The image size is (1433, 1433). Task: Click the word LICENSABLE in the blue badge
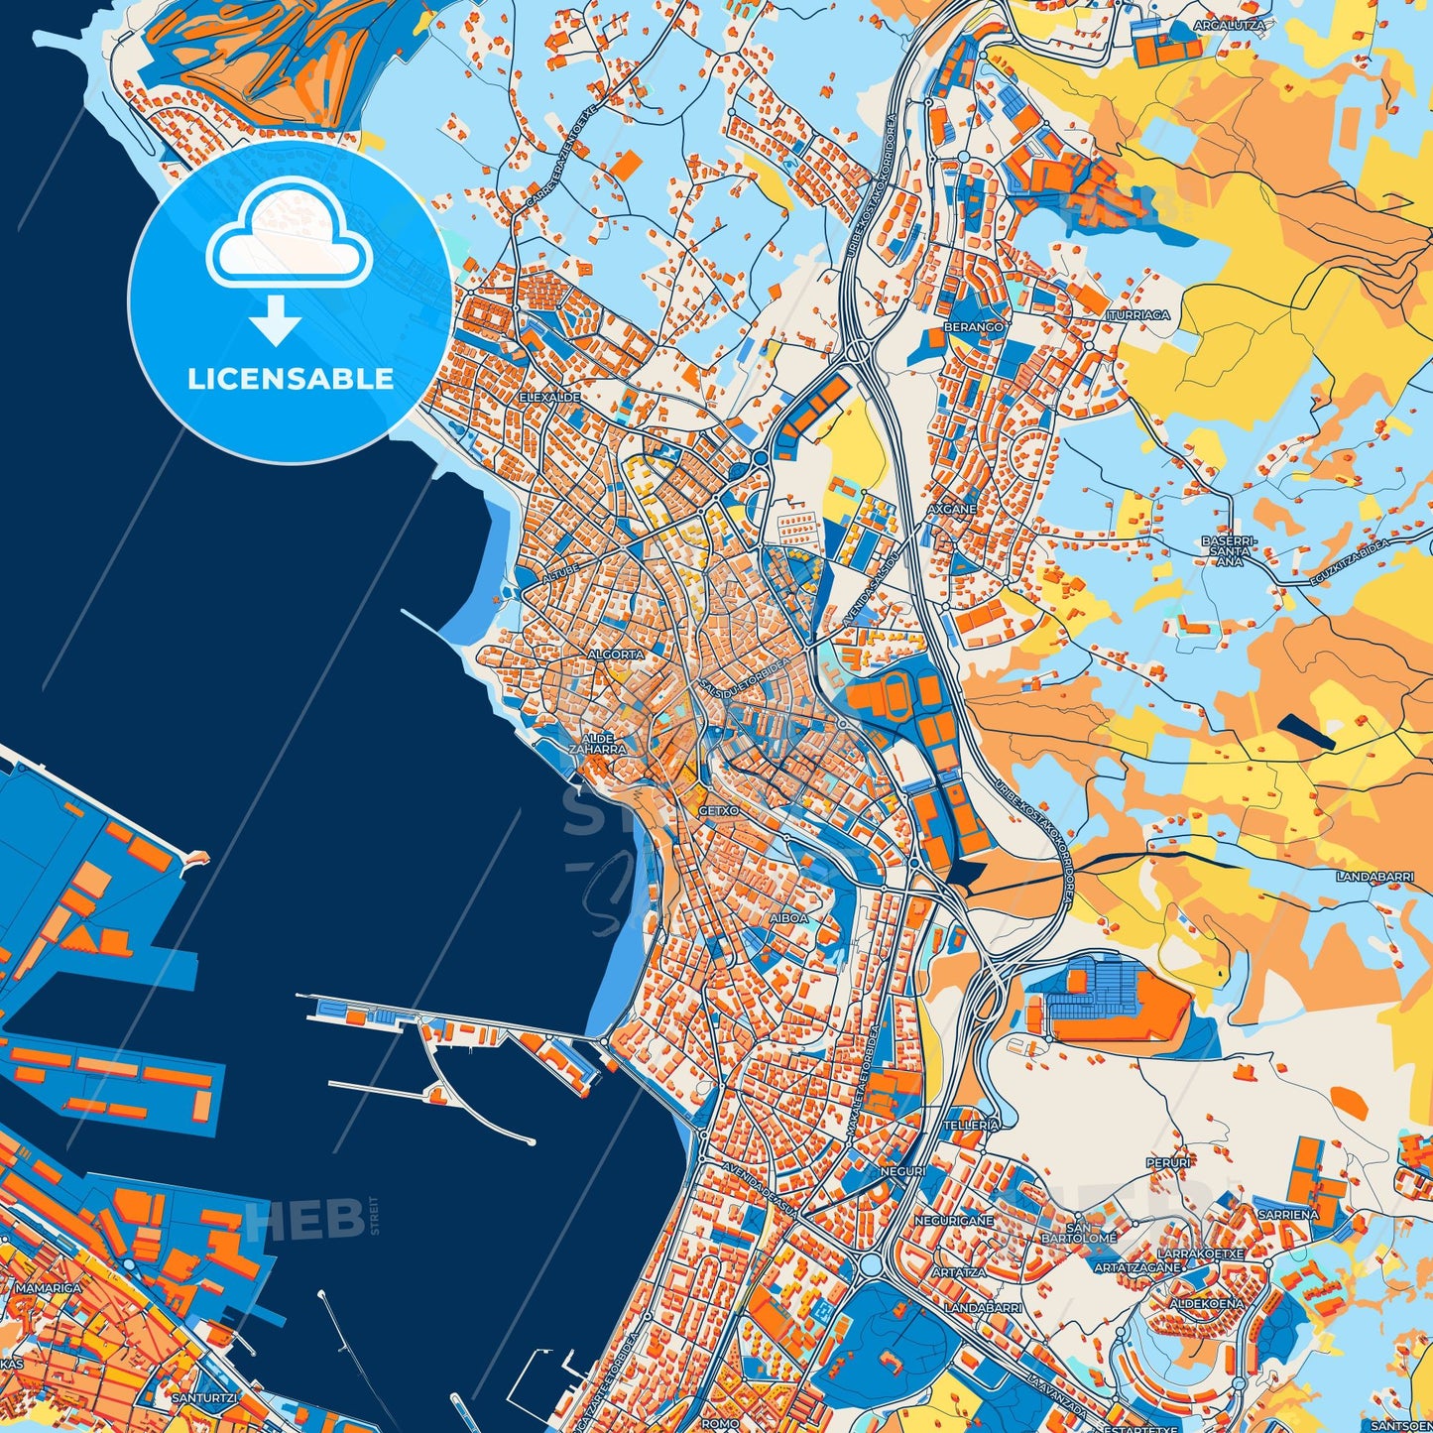coord(290,379)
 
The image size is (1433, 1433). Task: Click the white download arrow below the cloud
coord(276,319)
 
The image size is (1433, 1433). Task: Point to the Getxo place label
coord(718,810)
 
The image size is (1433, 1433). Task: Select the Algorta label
coord(616,655)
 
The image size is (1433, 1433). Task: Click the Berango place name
coord(973,325)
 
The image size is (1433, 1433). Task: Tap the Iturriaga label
coord(1138,314)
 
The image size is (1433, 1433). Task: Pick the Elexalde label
coord(550,397)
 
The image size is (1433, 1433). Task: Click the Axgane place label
coord(952,509)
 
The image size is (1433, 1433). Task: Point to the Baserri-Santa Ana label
coord(1229,550)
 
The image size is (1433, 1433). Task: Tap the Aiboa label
coord(788,918)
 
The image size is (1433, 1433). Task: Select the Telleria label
coord(971,1126)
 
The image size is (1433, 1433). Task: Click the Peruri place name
coord(1167,1162)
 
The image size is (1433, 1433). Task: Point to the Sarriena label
coord(1287,1214)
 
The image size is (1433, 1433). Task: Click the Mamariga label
coord(49,1288)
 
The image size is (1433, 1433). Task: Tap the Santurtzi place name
coord(203,1397)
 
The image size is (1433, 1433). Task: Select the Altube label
coord(560,576)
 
